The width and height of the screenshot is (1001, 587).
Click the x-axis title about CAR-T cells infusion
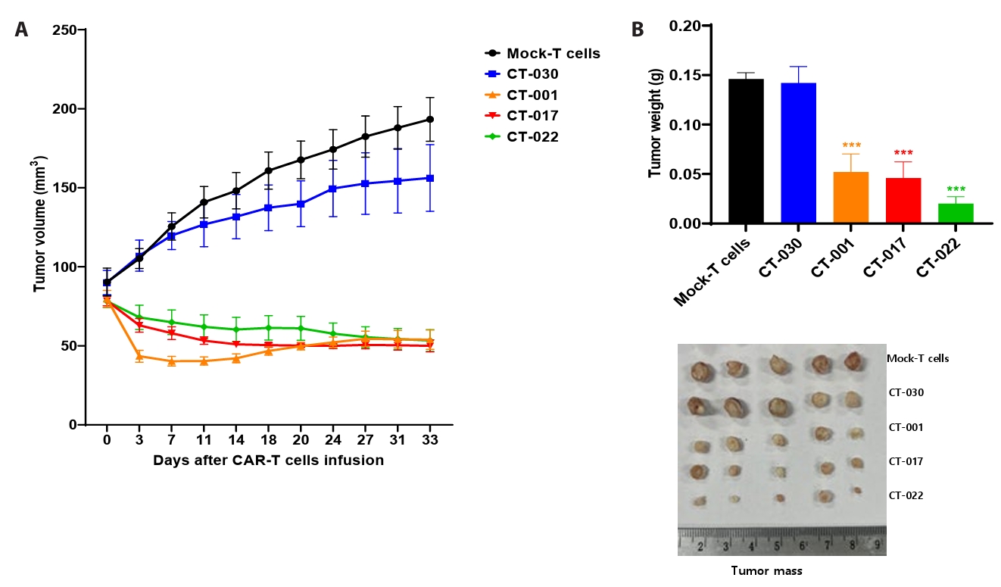click(x=268, y=460)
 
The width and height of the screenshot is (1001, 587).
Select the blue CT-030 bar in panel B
click(x=798, y=153)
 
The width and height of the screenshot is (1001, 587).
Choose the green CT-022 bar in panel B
click(x=955, y=214)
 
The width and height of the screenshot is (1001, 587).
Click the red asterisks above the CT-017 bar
click(x=903, y=154)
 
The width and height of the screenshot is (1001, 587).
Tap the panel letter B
click(x=638, y=30)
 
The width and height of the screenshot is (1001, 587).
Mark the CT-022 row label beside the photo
click(x=906, y=495)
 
